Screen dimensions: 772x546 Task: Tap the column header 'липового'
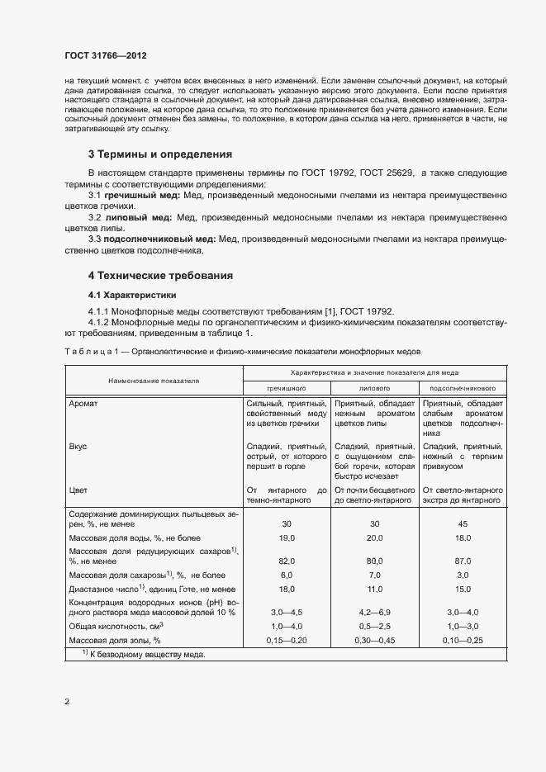(x=374, y=386)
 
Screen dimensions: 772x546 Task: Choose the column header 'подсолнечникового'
(x=463, y=386)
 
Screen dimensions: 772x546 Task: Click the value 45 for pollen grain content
(x=463, y=524)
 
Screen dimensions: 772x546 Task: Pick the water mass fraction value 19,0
(x=286, y=538)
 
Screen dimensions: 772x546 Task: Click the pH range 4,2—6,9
(x=374, y=613)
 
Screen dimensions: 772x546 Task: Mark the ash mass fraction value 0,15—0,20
(x=286, y=640)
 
